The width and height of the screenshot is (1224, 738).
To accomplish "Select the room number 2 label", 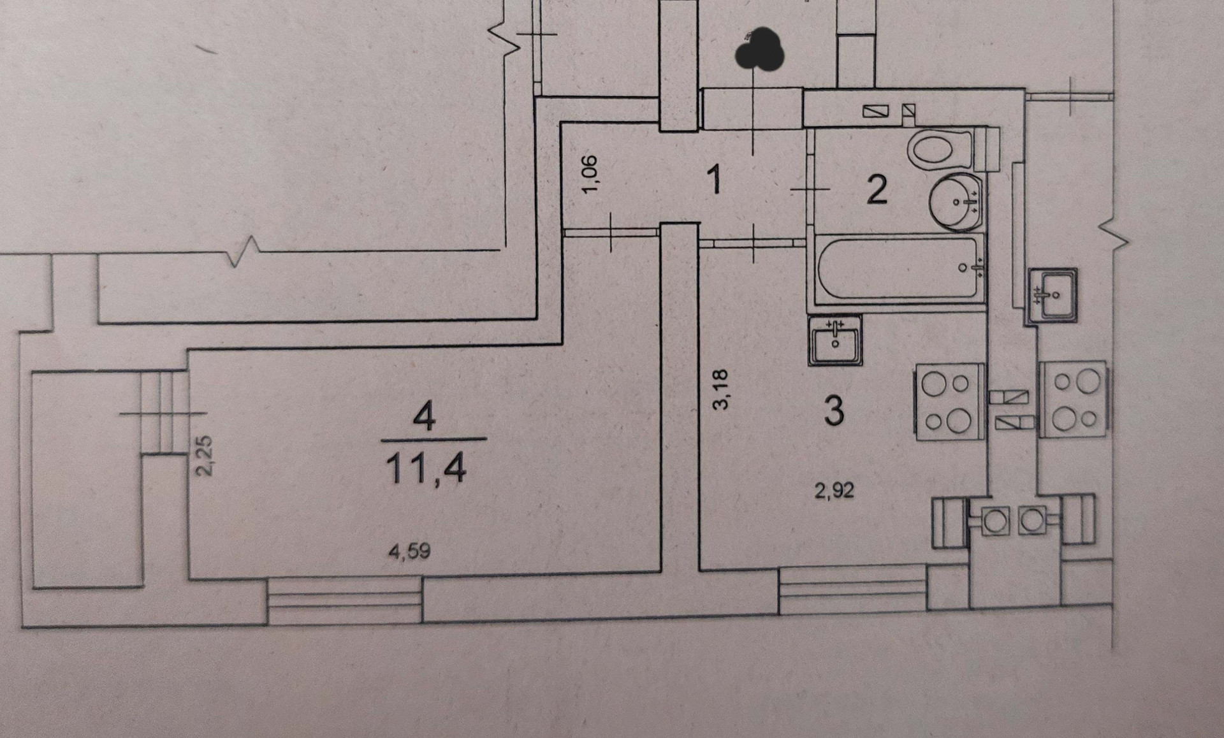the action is point(877,190).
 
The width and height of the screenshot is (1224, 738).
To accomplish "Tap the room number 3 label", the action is point(834,410).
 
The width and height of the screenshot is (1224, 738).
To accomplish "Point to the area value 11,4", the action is point(426,469).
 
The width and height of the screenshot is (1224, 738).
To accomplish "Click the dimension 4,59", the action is point(409,551).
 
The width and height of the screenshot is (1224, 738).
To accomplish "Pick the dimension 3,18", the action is point(721,389).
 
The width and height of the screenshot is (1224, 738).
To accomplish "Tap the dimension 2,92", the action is point(834,490).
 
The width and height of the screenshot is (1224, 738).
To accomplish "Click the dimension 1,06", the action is point(590,175).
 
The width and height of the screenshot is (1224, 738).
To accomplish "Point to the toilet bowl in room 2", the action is point(940,149).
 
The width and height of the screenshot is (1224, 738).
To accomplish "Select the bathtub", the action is point(899,268).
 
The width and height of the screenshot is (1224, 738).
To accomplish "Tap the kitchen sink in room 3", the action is point(835,340).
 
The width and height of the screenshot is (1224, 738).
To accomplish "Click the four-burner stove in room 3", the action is point(950,402).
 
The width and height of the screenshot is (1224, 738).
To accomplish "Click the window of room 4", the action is point(344,600).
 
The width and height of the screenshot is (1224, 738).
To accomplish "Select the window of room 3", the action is point(853,590).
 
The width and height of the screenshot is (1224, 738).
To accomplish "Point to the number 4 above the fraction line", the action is point(424,418).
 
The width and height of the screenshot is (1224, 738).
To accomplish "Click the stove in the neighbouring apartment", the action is point(1074,400).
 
